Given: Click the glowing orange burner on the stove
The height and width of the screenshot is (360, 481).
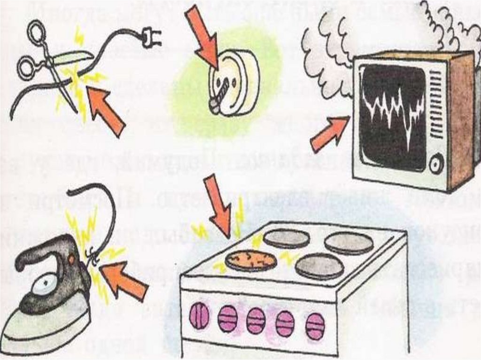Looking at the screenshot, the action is click(250, 260).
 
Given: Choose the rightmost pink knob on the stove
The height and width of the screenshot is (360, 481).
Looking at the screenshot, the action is click(315, 325).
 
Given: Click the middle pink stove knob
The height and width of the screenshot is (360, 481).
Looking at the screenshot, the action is click(256, 321).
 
